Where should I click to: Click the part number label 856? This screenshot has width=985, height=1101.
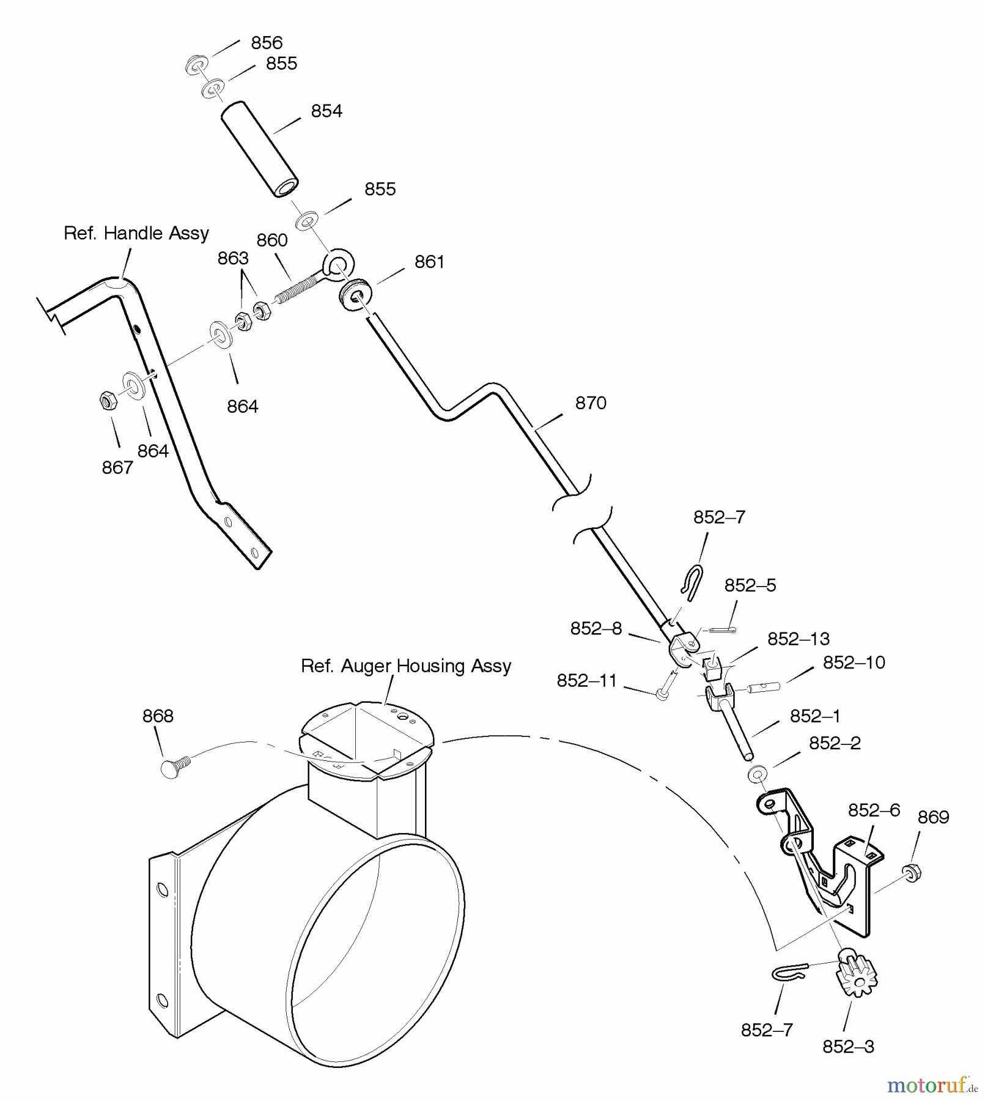coord(267,43)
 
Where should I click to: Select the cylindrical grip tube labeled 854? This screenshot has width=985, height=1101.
coord(259,150)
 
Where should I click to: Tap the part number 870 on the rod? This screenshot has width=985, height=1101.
coord(591,403)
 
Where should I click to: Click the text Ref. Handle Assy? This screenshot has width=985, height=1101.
coord(136,233)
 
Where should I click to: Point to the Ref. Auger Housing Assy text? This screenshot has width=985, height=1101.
coord(406,666)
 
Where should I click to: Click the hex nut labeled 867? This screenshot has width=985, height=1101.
coord(108,401)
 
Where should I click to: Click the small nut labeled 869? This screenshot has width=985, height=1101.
coord(911,872)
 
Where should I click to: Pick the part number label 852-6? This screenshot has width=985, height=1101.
coord(874,810)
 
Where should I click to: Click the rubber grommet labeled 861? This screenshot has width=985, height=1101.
coord(355,294)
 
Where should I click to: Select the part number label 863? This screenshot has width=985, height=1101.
coord(233,258)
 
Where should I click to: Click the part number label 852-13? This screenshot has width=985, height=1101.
coord(799,639)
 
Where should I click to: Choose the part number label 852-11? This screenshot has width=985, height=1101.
coord(587,681)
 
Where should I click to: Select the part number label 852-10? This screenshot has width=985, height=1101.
coord(854,662)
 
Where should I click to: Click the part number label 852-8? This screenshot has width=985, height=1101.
coord(596,629)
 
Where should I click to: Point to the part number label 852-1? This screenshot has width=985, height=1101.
coord(815,716)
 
